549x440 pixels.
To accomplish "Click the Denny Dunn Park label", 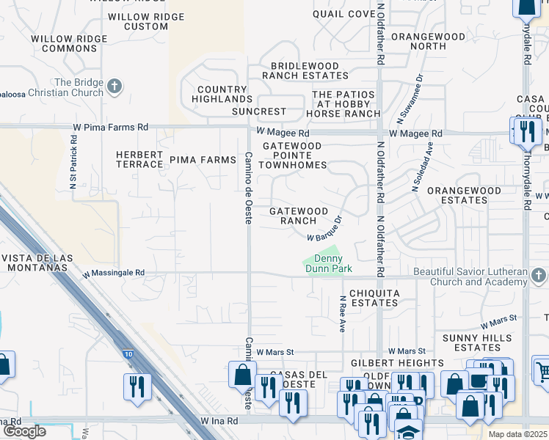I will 333,263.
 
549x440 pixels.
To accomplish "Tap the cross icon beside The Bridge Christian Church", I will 114,87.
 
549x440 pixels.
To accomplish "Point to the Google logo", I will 24,431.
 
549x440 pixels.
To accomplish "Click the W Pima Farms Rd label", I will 111,128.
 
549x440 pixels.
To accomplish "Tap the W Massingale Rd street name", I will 114,273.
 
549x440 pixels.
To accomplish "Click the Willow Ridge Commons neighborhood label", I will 70,43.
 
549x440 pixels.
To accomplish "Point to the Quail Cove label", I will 343,14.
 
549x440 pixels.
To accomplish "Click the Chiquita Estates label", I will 374,298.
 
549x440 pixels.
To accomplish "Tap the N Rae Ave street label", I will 343,315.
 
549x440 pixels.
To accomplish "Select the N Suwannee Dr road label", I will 410,98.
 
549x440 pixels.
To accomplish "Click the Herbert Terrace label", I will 139,159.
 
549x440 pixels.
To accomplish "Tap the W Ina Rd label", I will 219,422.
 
